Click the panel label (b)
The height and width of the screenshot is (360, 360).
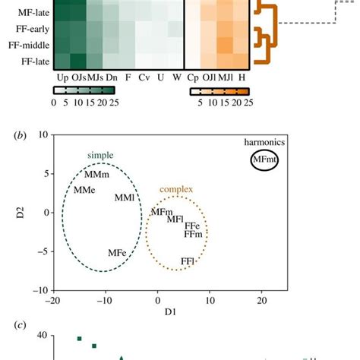point(22,137)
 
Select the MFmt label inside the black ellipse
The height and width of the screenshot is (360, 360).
point(264,159)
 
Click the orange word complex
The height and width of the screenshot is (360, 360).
point(175,189)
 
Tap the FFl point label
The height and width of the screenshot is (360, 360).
point(188,261)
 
